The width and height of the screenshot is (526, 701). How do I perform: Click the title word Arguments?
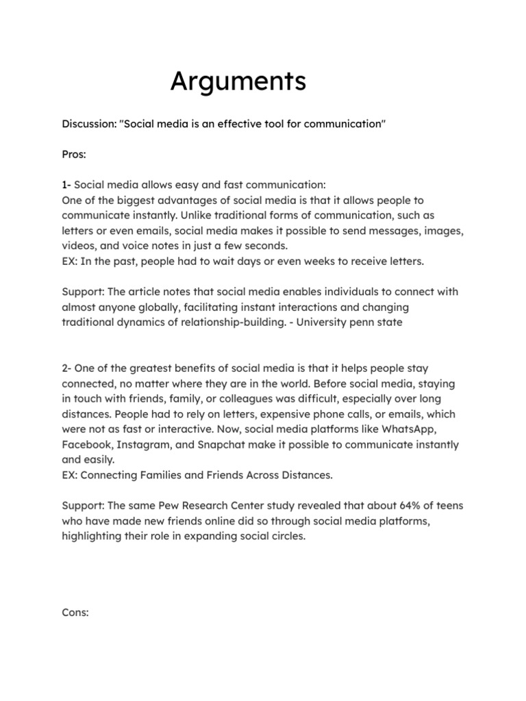click(238, 82)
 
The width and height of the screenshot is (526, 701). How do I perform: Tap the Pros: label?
click(74, 155)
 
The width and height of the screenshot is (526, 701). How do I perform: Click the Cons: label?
click(75, 613)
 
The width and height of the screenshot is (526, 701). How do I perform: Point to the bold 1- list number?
click(66, 186)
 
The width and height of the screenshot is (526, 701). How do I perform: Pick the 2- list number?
click(67, 369)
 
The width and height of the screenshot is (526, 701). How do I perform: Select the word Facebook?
click(88, 444)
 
